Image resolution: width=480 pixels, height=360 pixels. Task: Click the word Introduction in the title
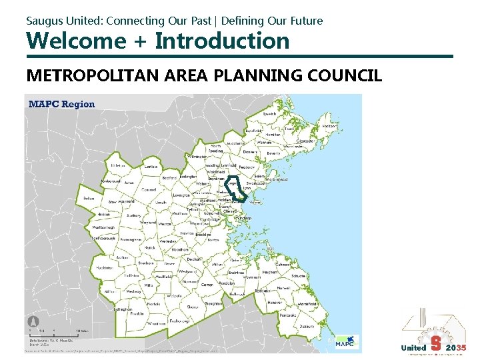[x=223, y=41]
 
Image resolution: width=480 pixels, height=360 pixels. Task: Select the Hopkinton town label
[x=103, y=267]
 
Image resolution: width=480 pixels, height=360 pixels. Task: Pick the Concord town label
[x=148, y=189]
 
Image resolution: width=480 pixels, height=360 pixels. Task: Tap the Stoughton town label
[x=213, y=303]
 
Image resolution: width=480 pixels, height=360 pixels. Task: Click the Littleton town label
[x=118, y=165]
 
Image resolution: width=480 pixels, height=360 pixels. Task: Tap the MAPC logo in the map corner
[x=346, y=341]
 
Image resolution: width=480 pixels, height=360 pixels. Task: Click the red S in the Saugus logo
[x=436, y=343]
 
